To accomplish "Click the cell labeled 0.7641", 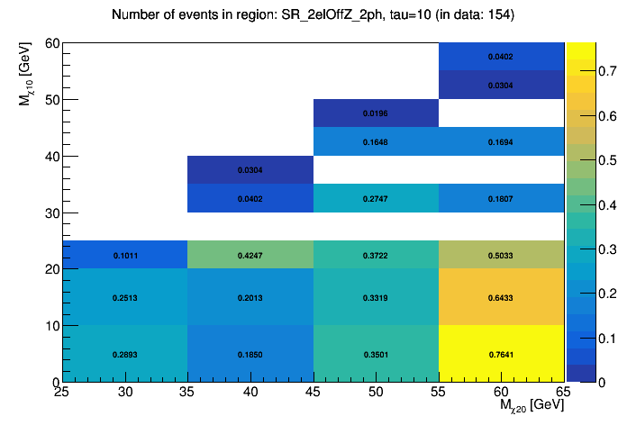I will click(501, 354).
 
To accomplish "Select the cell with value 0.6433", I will click(501, 297).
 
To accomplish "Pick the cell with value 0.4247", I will click(250, 255).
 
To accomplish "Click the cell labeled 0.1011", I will click(124, 255).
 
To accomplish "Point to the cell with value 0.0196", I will click(376, 113).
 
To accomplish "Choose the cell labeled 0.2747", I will click(376, 198).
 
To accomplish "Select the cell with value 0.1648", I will click(376, 141).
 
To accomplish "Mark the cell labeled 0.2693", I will click(124, 354).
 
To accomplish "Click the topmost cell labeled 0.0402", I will click(501, 57).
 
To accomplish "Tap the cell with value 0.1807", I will click(501, 198).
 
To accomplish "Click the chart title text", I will click(313, 15).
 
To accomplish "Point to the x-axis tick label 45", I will click(313, 392).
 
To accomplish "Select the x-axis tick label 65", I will click(564, 392).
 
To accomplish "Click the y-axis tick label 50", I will click(51, 99).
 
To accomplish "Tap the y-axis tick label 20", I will click(51, 269).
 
